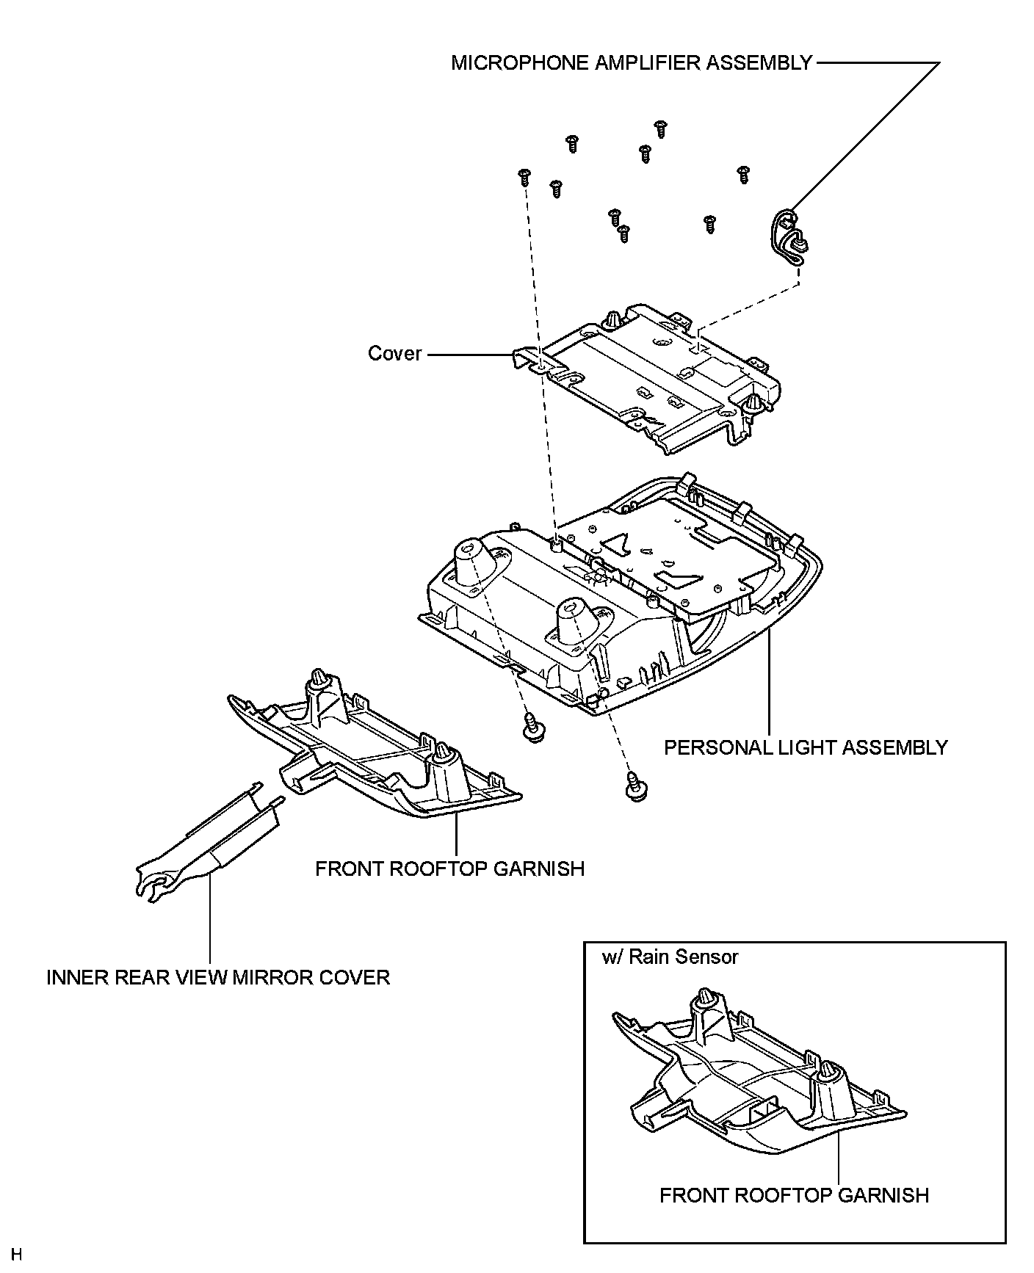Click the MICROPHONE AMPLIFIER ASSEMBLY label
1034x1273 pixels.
coord(632,63)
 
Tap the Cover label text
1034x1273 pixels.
coord(395,354)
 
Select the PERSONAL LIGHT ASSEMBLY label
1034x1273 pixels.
coord(806,747)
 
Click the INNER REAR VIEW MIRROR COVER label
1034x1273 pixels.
coord(218,978)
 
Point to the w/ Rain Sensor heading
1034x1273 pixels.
coord(670,957)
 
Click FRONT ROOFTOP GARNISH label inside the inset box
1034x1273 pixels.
coord(794,1196)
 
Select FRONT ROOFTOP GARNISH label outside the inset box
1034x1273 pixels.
coord(450,869)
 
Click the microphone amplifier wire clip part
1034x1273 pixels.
coord(788,237)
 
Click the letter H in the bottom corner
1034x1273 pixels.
coord(17,1253)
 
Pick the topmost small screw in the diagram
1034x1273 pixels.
coord(659,129)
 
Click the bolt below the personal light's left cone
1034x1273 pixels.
coord(531,727)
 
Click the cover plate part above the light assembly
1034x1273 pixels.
coord(646,377)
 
